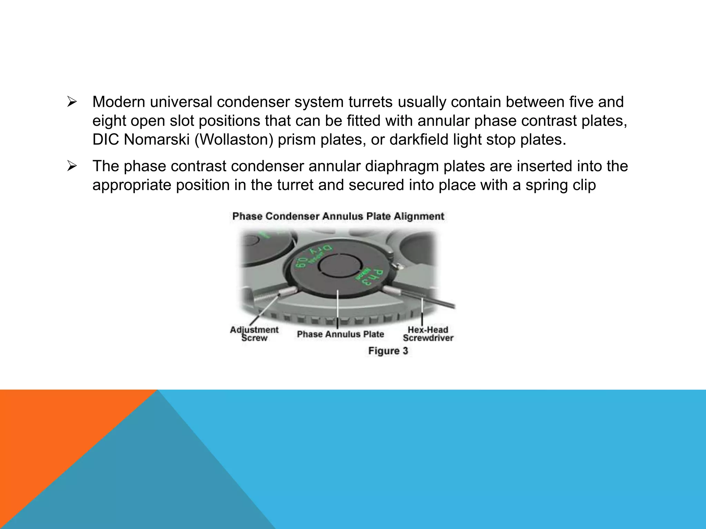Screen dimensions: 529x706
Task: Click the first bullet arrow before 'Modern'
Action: [71, 102]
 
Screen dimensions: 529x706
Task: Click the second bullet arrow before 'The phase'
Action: [71, 167]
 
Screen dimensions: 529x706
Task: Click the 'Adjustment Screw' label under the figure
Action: [254, 334]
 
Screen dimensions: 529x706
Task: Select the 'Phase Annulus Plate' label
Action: [340, 334]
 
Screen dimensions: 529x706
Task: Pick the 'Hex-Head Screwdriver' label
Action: [428, 334]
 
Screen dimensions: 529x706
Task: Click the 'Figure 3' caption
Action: [388, 351]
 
